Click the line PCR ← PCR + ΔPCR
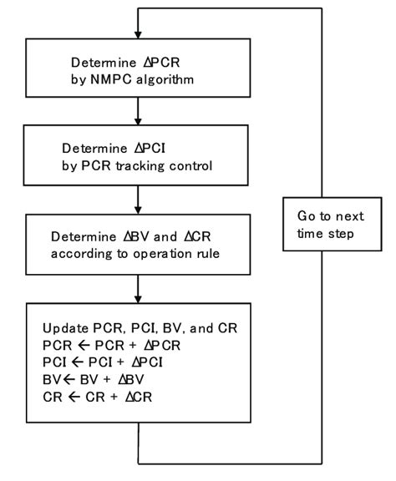click(111, 345)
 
